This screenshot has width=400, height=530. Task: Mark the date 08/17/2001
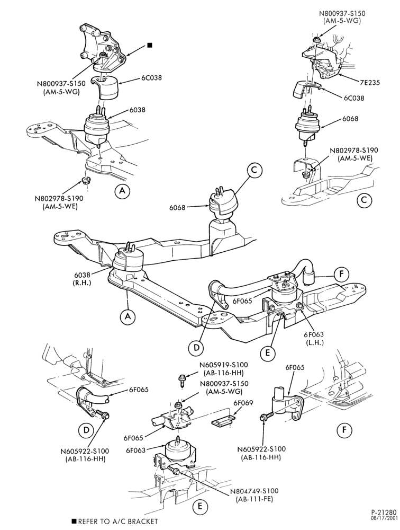click(387, 520)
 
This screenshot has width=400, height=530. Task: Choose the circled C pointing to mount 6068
click(254, 170)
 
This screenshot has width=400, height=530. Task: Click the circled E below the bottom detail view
click(200, 506)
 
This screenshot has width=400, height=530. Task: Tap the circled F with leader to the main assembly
click(342, 275)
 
